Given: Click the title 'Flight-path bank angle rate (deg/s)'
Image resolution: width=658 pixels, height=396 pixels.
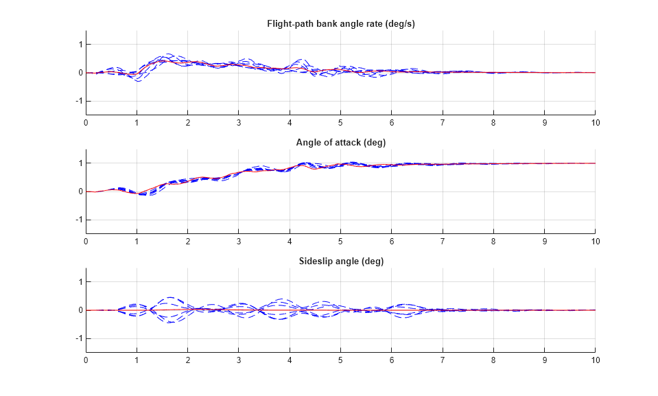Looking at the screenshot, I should [x=340, y=24].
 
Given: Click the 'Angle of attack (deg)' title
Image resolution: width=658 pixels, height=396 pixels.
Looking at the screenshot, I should [x=340, y=143].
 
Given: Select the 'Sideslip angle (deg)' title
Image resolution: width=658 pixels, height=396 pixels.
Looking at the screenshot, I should [x=340, y=261].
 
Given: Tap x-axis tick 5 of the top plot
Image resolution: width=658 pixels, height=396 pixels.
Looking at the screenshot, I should [x=340, y=123].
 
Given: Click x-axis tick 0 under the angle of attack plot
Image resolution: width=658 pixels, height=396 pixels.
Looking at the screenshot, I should [x=86, y=242].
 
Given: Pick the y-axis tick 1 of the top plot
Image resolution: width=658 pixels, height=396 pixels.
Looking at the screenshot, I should [x=80, y=45].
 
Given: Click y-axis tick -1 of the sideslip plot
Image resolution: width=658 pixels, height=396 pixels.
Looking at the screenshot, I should [x=78, y=339].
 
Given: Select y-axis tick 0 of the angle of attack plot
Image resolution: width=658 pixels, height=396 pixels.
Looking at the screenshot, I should [x=80, y=191].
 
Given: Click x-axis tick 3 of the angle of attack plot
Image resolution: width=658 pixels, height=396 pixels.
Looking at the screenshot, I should [x=239, y=242].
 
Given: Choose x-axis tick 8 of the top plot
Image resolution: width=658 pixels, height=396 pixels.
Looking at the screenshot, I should [x=493, y=123].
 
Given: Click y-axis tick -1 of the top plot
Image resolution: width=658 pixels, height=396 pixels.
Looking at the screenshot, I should [x=78, y=102].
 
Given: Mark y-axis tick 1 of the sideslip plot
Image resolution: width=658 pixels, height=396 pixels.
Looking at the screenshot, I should [x=80, y=282].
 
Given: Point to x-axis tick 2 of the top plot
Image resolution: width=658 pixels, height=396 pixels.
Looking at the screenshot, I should [x=187, y=123].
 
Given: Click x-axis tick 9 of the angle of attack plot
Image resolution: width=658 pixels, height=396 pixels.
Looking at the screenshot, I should [x=544, y=242].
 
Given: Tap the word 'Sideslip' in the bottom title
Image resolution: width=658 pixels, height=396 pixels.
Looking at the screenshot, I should [x=315, y=261].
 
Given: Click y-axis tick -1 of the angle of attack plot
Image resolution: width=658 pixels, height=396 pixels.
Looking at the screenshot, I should [x=78, y=220].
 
